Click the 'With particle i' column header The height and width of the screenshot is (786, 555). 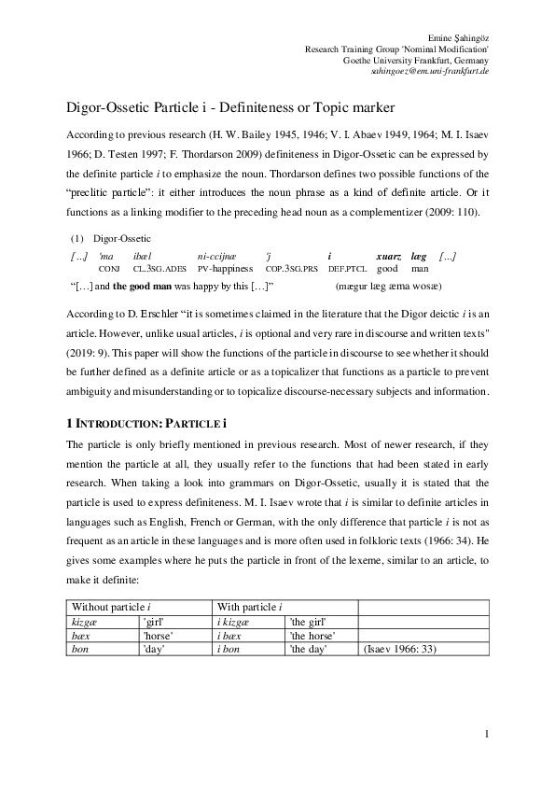tap(253, 607)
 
